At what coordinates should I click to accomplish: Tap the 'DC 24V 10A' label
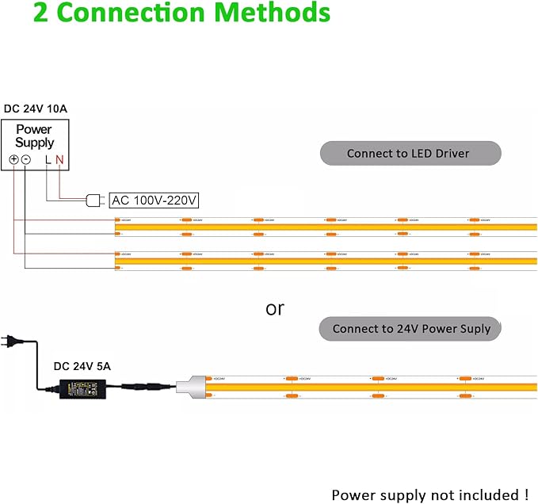point(36,109)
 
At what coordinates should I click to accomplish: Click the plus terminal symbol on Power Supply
point(13,159)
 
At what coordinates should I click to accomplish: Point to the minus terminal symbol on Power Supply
point(25,159)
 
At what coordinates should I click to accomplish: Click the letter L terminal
point(48,159)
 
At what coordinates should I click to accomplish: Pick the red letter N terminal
point(59,159)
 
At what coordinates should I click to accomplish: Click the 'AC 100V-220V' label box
point(154,200)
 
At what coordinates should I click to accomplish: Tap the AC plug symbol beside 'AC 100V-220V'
point(93,200)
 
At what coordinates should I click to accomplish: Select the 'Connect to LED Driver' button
point(410,154)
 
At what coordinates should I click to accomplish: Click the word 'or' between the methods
point(274,308)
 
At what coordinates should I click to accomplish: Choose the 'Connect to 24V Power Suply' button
point(410,328)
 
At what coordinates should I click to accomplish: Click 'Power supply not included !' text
point(429,494)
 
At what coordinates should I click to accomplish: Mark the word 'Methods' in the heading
point(275,13)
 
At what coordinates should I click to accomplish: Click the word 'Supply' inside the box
point(35,143)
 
